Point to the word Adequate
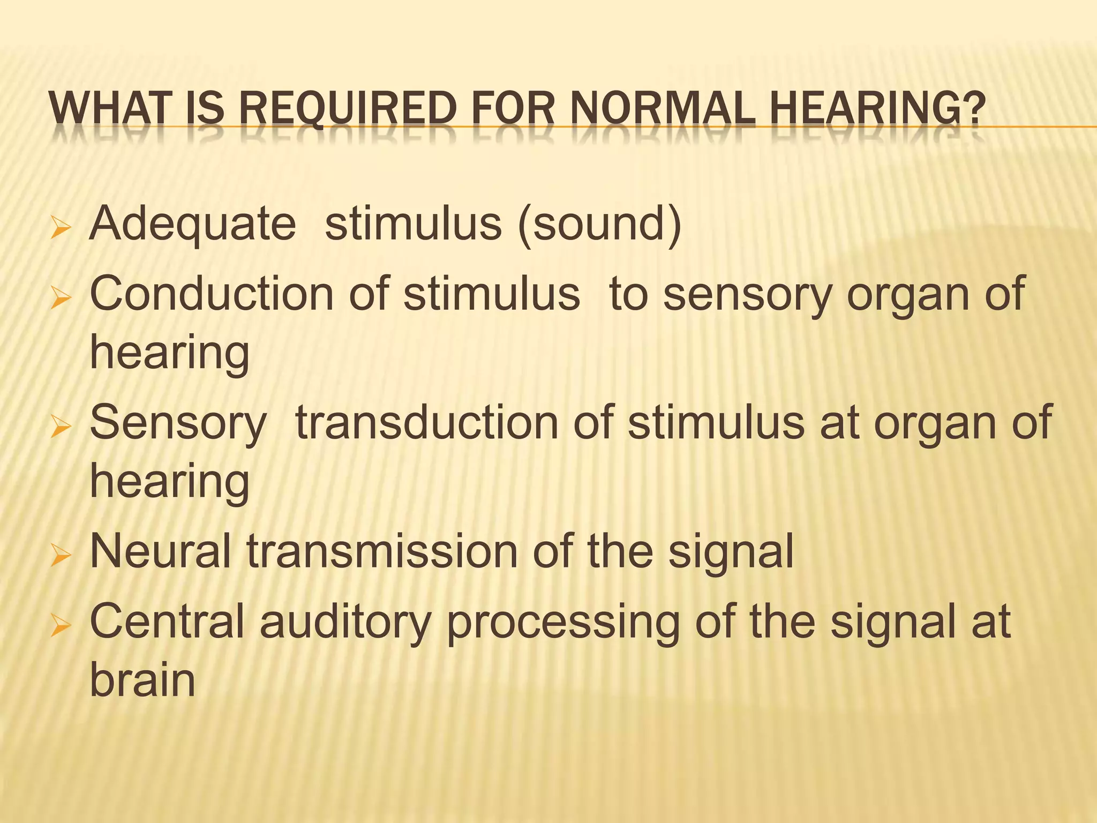click(193, 224)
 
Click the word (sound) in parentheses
click(599, 224)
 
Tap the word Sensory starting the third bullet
click(178, 423)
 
